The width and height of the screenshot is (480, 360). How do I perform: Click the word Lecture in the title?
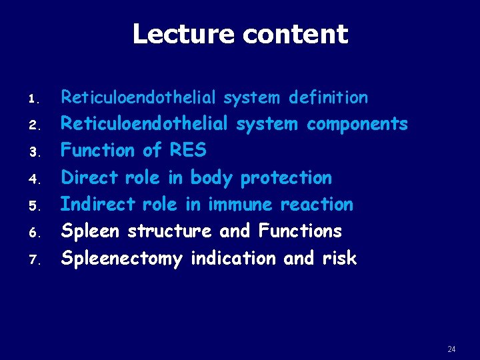[x=179, y=34]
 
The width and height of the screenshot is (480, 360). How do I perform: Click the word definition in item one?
[x=328, y=98]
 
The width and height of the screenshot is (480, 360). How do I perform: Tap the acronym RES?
[x=188, y=151]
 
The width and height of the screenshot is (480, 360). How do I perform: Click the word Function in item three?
[x=98, y=151]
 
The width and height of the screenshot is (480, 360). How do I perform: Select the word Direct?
[x=89, y=178]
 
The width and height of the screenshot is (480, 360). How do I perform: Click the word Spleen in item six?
[x=91, y=231]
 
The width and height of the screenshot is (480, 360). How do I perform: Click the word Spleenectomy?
[x=121, y=259]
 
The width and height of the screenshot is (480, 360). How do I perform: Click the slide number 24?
[x=452, y=349]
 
